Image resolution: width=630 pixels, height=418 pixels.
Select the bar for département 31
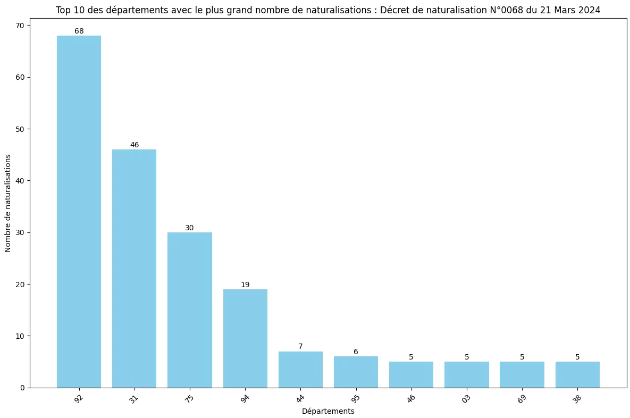134,269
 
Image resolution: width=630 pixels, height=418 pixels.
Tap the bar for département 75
190,310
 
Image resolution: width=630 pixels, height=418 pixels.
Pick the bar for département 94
245,338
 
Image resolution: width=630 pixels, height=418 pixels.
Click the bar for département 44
300,370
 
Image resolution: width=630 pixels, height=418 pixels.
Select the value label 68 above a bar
79,31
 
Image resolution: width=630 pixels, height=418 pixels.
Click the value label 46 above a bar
134,145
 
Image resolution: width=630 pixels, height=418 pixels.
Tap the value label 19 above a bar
245,285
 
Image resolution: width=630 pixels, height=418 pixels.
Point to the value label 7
300,347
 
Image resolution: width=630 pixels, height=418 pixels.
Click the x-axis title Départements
328,411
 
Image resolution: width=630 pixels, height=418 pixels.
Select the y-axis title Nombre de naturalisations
8,204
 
